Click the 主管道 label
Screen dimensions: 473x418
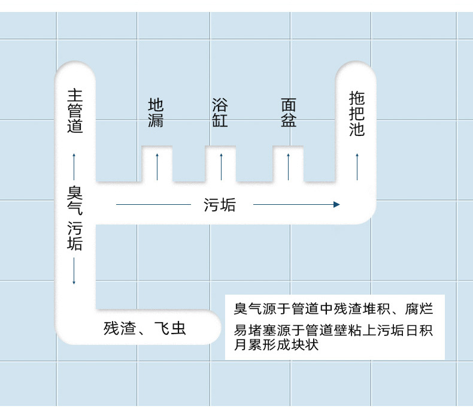coord(75,111)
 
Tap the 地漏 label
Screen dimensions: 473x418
coord(156,113)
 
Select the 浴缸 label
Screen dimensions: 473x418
coord(220,113)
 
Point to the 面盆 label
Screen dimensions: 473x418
coord(289,113)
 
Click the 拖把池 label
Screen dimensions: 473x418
coord(357,114)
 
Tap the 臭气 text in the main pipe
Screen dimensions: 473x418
coord(75,200)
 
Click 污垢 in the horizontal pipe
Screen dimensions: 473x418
coord(220,205)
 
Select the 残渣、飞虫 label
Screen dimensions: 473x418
coord(145,328)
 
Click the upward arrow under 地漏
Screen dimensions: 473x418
coord(157,166)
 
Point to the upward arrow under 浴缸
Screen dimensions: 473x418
coord(221,166)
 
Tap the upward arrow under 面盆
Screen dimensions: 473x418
coord(289,166)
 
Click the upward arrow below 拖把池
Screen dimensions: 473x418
coord(357,166)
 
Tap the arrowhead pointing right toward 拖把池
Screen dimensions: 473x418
coord(336,205)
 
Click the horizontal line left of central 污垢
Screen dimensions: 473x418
coord(153,205)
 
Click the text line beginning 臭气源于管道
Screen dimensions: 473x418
coord(333,310)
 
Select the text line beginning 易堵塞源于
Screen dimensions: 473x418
coord(333,331)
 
